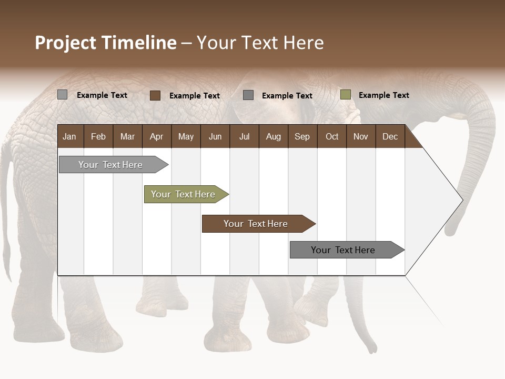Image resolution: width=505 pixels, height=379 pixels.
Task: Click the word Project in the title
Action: click(x=66, y=43)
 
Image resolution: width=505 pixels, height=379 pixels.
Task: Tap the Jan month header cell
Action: click(x=69, y=137)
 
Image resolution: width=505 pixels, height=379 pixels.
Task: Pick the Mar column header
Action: click(x=127, y=137)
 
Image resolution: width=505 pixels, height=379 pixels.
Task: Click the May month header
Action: click(x=186, y=137)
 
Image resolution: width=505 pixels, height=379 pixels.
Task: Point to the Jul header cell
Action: click(x=244, y=137)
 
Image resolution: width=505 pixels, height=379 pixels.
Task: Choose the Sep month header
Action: click(x=302, y=137)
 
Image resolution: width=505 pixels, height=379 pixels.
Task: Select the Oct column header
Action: click(x=332, y=137)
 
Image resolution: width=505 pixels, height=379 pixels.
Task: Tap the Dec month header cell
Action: click(x=390, y=137)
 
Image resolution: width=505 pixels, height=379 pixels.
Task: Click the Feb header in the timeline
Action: click(x=98, y=137)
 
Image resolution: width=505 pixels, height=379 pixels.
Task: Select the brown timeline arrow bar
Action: click(x=257, y=224)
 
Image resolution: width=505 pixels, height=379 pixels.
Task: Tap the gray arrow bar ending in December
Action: click(x=345, y=250)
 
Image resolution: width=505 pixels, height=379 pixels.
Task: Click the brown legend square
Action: click(x=155, y=95)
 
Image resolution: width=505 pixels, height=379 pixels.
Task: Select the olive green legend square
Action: click(x=346, y=95)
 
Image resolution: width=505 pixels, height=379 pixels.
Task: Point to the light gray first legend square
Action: click(x=62, y=95)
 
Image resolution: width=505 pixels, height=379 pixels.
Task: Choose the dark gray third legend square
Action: click(x=248, y=95)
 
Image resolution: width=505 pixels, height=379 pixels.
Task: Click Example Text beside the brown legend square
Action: click(x=195, y=96)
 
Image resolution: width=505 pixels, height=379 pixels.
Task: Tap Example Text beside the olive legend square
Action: click(x=384, y=95)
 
